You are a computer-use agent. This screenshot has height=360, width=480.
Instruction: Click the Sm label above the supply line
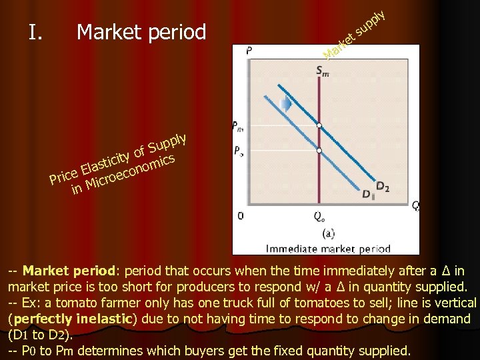(322, 71)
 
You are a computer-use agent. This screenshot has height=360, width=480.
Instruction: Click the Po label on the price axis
(239, 151)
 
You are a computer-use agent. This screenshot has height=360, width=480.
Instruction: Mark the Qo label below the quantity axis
(320, 216)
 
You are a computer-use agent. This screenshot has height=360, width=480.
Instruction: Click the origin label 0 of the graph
(241, 215)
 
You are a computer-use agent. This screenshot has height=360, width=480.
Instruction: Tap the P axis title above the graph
(249, 50)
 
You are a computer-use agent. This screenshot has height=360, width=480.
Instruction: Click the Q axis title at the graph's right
(415, 205)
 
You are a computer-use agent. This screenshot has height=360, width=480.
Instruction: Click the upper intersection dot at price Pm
(319, 125)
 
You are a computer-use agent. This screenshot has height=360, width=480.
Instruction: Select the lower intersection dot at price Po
(319, 151)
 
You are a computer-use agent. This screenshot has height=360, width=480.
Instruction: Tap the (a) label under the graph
(328, 233)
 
